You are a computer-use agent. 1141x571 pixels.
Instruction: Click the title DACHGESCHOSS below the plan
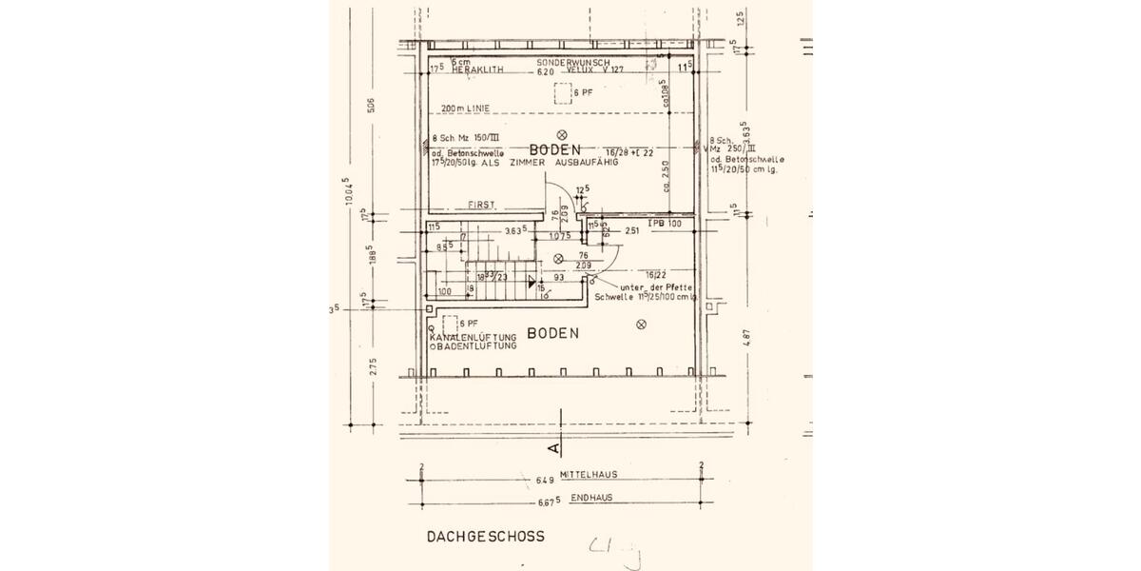(x=485, y=537)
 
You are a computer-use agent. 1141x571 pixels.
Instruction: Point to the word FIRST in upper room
(x=482, y=205)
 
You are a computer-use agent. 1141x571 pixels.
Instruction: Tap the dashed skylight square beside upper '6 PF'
(x=561, y=92)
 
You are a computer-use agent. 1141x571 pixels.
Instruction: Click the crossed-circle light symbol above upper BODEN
(x=562, y=134)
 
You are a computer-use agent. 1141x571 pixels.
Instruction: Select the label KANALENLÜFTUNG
(x=473, y=338)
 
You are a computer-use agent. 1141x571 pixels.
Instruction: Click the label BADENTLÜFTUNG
(x=475, y=346)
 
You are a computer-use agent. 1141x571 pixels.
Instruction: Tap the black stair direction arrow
(x=532, y=280)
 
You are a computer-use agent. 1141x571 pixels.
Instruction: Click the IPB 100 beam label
(x=666, y=223)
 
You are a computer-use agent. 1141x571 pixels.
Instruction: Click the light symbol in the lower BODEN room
(x=640, y=325)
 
